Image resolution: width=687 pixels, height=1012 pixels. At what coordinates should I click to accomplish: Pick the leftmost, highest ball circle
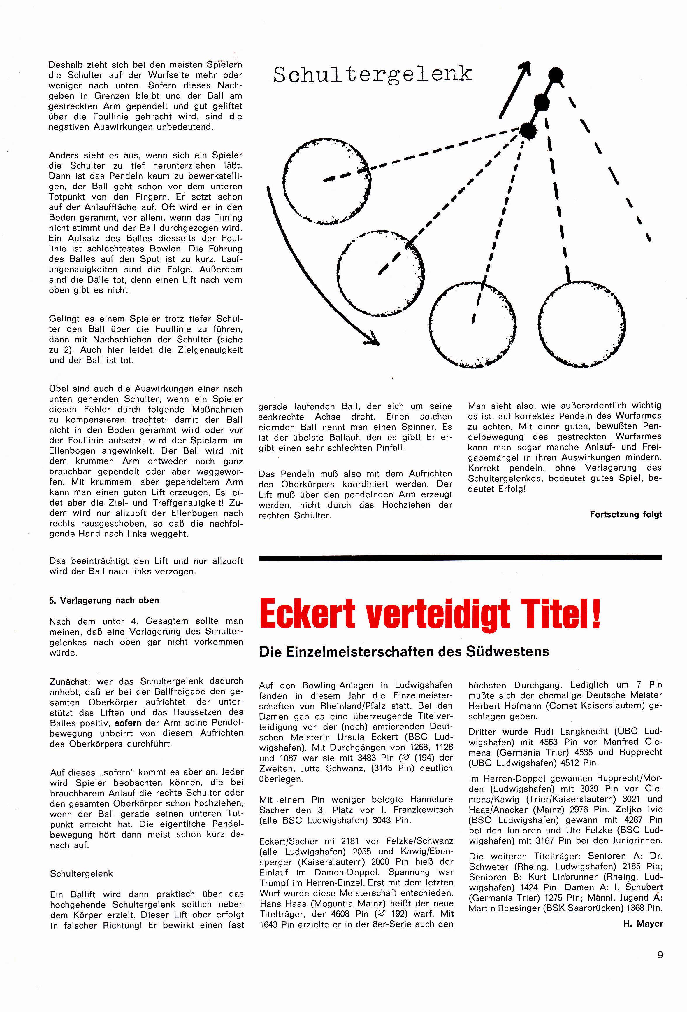(x=327, y=180)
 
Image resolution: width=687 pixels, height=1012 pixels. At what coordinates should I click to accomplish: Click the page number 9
(x=660, y=955)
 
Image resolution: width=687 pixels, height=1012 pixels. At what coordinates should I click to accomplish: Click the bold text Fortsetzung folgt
(x=626, y=514)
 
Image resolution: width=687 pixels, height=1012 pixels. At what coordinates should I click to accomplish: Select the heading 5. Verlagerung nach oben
(x=104, y=600)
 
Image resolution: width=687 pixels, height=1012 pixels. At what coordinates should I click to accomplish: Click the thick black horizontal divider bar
(x=460, y=557)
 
